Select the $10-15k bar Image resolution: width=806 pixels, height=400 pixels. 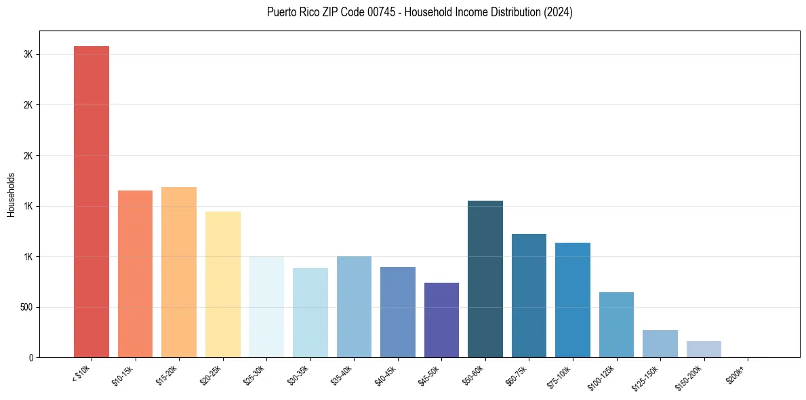point(135,274)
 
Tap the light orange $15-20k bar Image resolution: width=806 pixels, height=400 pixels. point(179,272)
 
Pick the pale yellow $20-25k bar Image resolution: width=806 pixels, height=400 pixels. point(222,284)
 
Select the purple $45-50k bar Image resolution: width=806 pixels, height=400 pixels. point(441,320)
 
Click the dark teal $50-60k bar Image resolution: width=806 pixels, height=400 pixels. point(485,279)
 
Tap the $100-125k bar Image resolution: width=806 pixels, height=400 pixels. point(616,325)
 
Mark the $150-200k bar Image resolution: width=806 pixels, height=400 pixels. point(704,349)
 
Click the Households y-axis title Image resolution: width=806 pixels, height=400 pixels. point(11,194)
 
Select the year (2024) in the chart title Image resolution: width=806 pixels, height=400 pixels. point(559,12)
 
